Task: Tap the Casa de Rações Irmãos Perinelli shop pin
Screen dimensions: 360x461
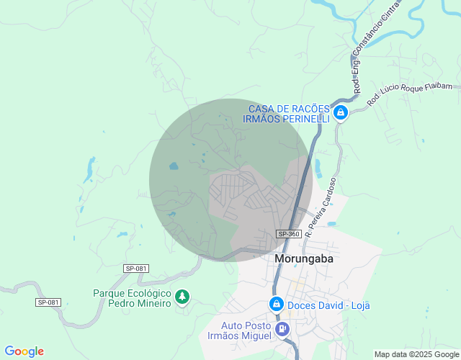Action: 341,113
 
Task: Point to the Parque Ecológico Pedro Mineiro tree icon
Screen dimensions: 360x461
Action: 182,297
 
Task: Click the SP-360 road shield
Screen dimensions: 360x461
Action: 289,234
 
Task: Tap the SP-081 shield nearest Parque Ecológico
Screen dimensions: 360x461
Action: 135,269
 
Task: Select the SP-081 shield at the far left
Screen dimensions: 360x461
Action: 48,302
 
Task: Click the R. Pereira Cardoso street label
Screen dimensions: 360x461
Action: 321,208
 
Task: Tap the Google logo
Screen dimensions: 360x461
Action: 24,351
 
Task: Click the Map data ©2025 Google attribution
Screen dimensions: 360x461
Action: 416,354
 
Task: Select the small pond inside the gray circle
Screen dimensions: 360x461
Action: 174,166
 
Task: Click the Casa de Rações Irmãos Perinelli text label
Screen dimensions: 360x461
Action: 289,113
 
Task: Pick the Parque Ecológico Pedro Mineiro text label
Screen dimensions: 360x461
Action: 132,298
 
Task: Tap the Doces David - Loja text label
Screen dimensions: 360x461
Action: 328,305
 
